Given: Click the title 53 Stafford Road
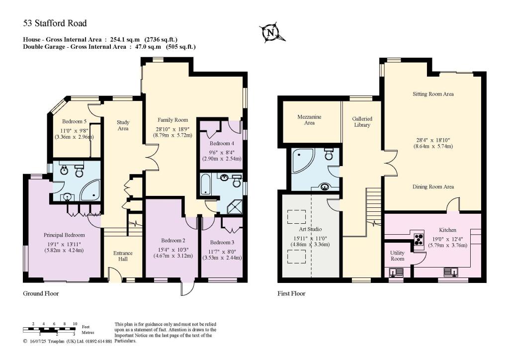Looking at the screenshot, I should pyautogui.click(x=55, y=23).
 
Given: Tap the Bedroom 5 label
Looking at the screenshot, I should pyautogui.click(x=75, y=121).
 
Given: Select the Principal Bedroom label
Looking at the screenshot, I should pyautogui.click(x=64, y=235).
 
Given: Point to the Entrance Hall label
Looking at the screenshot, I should pyautogui.click(x=123, y=257).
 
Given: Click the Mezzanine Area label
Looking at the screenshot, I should pyautogui.click(x=309, y=120).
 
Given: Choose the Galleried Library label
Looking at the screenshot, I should pyautogui.click(x=362, y=122).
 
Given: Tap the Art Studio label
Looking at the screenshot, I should pyautogui.click(x=311, y=229).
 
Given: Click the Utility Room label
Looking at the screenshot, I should pyautogui.click(x=397, y=256).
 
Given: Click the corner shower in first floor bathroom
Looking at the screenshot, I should pyautogui.click(x=303, y=160).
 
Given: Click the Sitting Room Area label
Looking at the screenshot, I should pyautogui.click(x=433, y=93).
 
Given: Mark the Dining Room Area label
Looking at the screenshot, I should pyautogui.click(x=433, y=187).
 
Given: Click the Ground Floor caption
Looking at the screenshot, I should pyautogui.click(x=41, y=293).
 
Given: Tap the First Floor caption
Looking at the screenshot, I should pyautogui.click(x=291, y=293).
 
